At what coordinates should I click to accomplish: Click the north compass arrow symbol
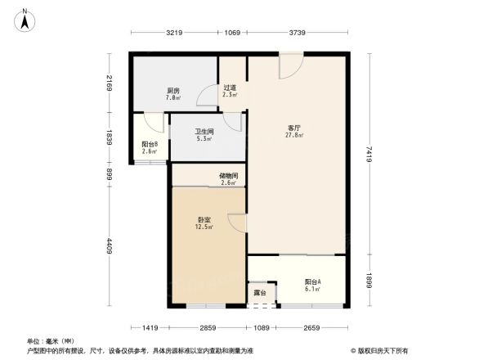[25, 19]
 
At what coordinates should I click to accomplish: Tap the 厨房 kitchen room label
[173, 91]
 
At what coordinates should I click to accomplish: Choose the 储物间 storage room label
[229, 176]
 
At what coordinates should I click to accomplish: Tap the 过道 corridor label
[231, 88]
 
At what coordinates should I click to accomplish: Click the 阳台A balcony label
[313, 281]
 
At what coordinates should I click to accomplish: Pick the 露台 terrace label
[259, 292]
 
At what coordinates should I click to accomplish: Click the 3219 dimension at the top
[172, 33]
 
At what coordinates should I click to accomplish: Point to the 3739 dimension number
[296, 33]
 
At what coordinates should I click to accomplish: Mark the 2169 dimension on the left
[109, 83]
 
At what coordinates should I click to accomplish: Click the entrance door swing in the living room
[289, 67]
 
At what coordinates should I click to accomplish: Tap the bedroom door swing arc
[237, 222]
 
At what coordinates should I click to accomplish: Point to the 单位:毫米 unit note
[49, 340]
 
